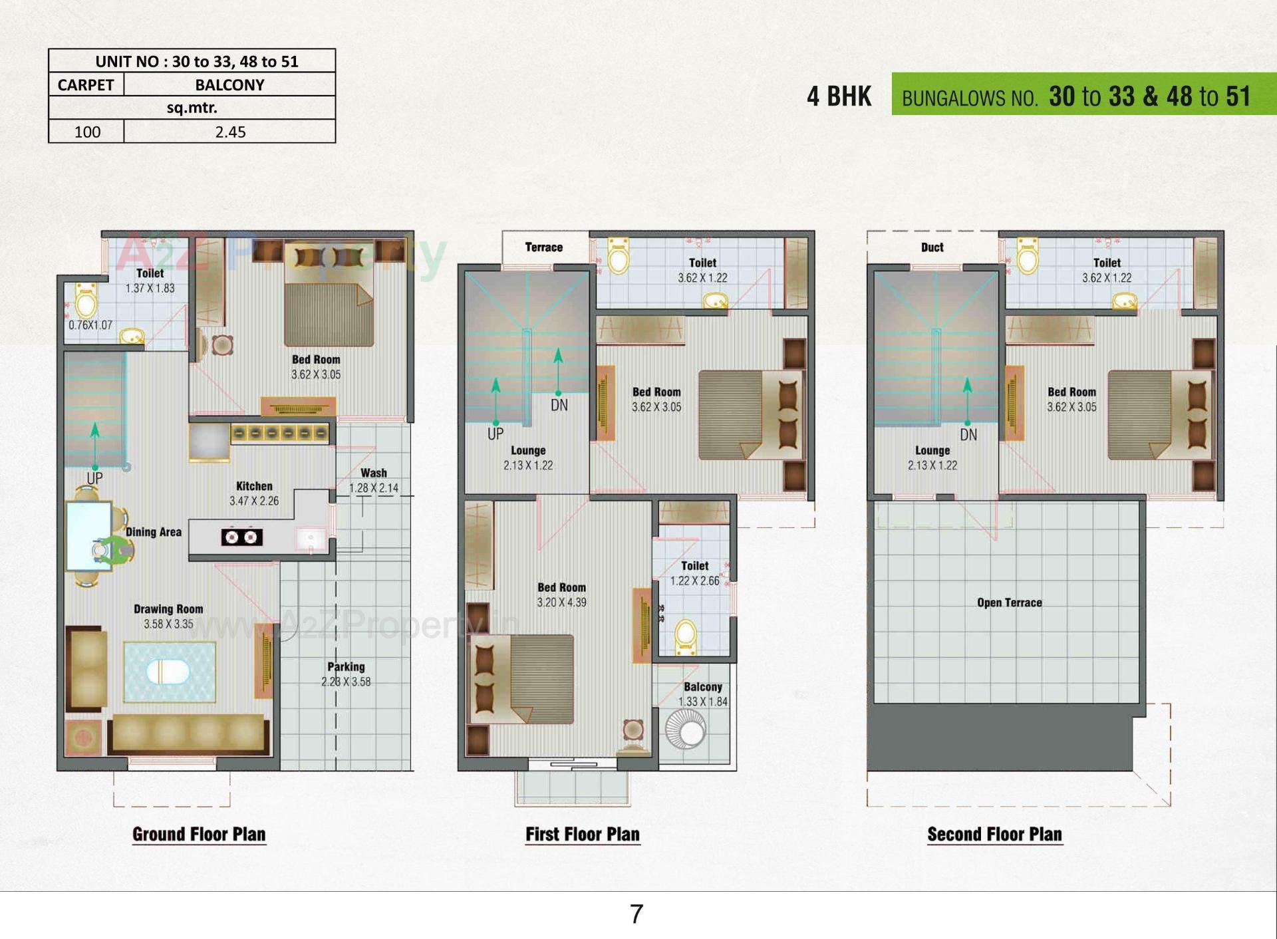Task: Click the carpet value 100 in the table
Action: (x=87, y=132)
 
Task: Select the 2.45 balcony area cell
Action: (x=230, y=132)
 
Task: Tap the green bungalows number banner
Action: (x=1083, y=94)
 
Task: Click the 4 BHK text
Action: (x=839, y=96)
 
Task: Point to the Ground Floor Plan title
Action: (x=199, y=834)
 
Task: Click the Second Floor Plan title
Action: (x=994, y=834)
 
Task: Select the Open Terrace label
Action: (x=1009, y=603)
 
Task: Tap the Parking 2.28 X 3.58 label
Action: (x=346, y=674)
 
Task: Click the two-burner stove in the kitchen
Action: (x=241, y=537)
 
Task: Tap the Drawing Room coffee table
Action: (x=169, y=672)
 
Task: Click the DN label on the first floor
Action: (x=559, y=405)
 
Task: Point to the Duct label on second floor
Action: (x=932, y=247)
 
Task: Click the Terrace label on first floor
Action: (x=543, y=247)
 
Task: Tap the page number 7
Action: (x=637, y=914)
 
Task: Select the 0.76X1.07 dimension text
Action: (x=90, y=325)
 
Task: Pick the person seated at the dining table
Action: (x=110, y=551)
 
